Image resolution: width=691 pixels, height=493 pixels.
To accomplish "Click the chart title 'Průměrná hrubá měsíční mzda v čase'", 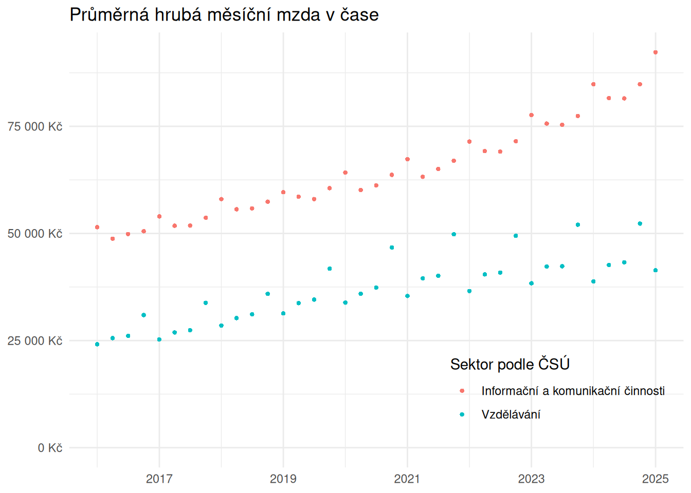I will click(x=224, y=15).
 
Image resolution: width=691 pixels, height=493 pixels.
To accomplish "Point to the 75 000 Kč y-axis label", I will click(x=35, y=127).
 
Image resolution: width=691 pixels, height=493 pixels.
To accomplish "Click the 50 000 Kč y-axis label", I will click(x=35, y=234).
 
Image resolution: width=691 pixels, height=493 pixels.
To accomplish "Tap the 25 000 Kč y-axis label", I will click(x=35, y=341).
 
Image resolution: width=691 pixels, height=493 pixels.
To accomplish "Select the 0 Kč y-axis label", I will click(x=50, y=448).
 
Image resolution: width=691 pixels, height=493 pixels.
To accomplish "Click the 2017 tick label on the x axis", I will click(x=159, y=479).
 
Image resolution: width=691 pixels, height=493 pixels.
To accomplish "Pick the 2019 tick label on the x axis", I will click(x=283, y=479).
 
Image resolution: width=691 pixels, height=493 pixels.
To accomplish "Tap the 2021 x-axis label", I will click(x=407, y=479).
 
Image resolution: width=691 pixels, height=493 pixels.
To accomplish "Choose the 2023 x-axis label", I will click(x=531, y=479).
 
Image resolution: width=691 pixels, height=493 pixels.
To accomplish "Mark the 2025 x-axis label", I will click(x=656, y=479).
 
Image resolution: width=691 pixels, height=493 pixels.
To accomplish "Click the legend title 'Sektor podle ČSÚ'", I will click(x=510, y=364).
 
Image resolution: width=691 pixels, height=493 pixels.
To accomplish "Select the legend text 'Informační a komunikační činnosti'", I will click(x=573, y=391).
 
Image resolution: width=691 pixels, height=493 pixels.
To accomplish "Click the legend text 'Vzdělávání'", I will click(x=511, y=414).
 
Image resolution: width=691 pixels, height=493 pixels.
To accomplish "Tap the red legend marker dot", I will click(x=462, y=391).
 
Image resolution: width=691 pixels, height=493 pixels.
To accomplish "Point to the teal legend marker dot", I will click(x=462, y=414).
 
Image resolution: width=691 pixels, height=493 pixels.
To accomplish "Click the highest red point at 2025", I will click(x=656, y=52).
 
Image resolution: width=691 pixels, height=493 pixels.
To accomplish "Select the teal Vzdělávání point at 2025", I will click(x=656, y=270).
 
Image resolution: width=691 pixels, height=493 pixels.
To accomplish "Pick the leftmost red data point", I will click(x=97, y=227).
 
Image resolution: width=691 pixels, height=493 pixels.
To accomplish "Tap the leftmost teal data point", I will click(x=97, y=344).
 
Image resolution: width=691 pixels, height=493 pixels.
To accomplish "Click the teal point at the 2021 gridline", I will click(x=407, y=296).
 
